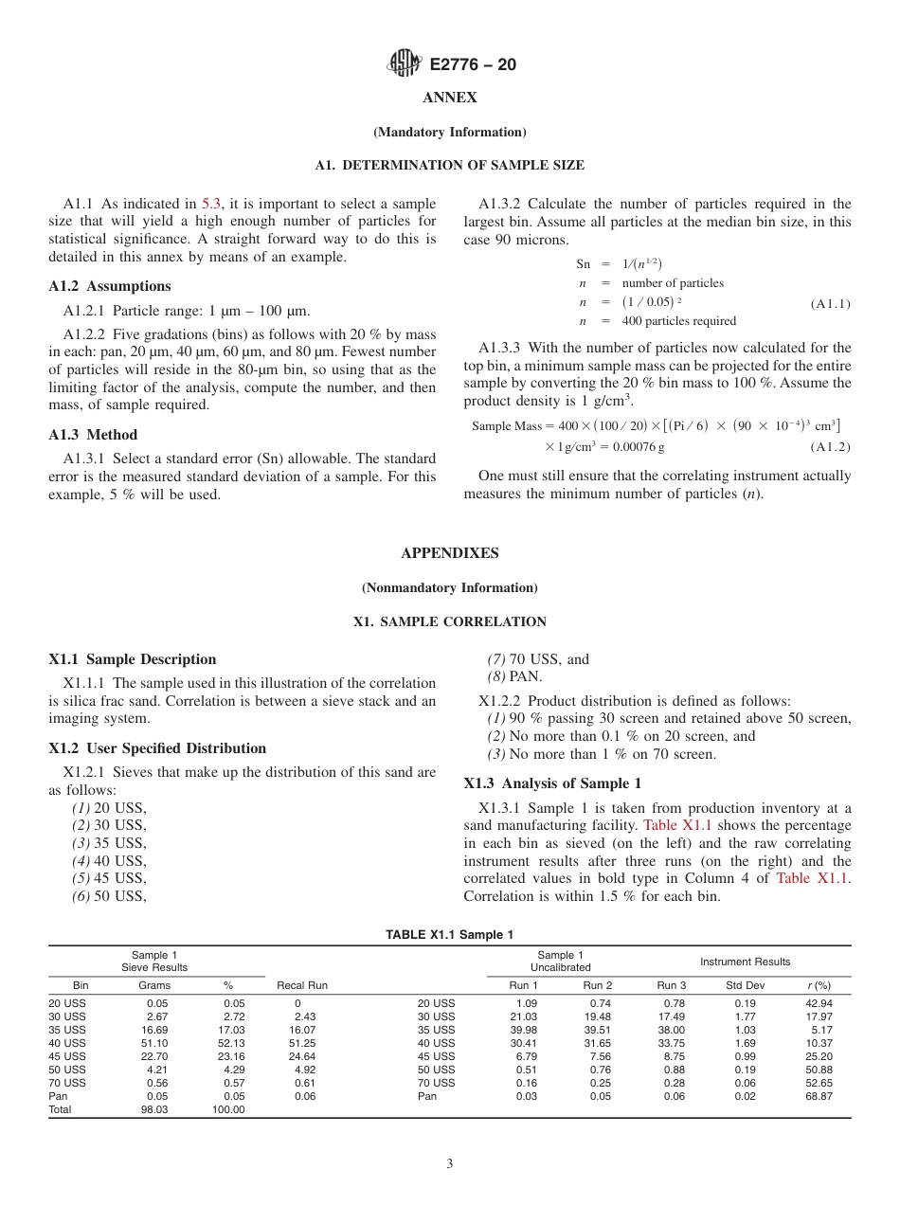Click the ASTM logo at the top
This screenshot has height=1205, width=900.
(x=405, y=64)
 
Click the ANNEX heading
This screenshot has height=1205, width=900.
(x=449, y=98)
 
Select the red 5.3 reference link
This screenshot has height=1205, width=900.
(x=211, y=204)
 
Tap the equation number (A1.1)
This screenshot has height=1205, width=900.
(x=830, y=303)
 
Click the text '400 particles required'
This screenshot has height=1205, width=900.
(x=678, y=321)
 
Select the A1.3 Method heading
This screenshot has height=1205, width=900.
(x=93, y=435)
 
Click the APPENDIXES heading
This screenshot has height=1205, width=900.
(x=449, y=553)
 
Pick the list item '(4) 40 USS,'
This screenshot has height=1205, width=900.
(x=109, y=861)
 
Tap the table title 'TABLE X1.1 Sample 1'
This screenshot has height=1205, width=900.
(x=449, y=935)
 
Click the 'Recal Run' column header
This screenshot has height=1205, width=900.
(x=302, y=985)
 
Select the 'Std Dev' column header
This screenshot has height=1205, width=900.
(x=745, y=985)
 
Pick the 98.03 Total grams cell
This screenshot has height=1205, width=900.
(x=154, y=1109)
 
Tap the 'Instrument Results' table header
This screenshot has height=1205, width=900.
(x=745, y=962)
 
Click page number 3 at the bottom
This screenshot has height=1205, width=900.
(x=449, y=1164)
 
